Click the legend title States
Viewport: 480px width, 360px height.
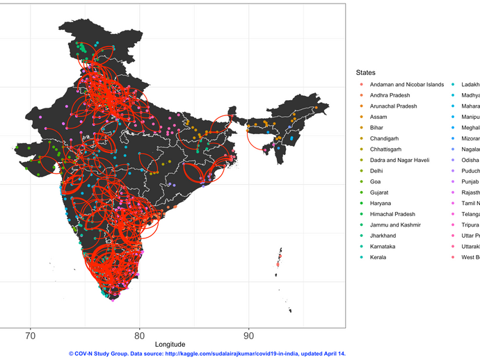click(365, 72)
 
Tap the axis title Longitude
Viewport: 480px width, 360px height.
click(170, 345)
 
